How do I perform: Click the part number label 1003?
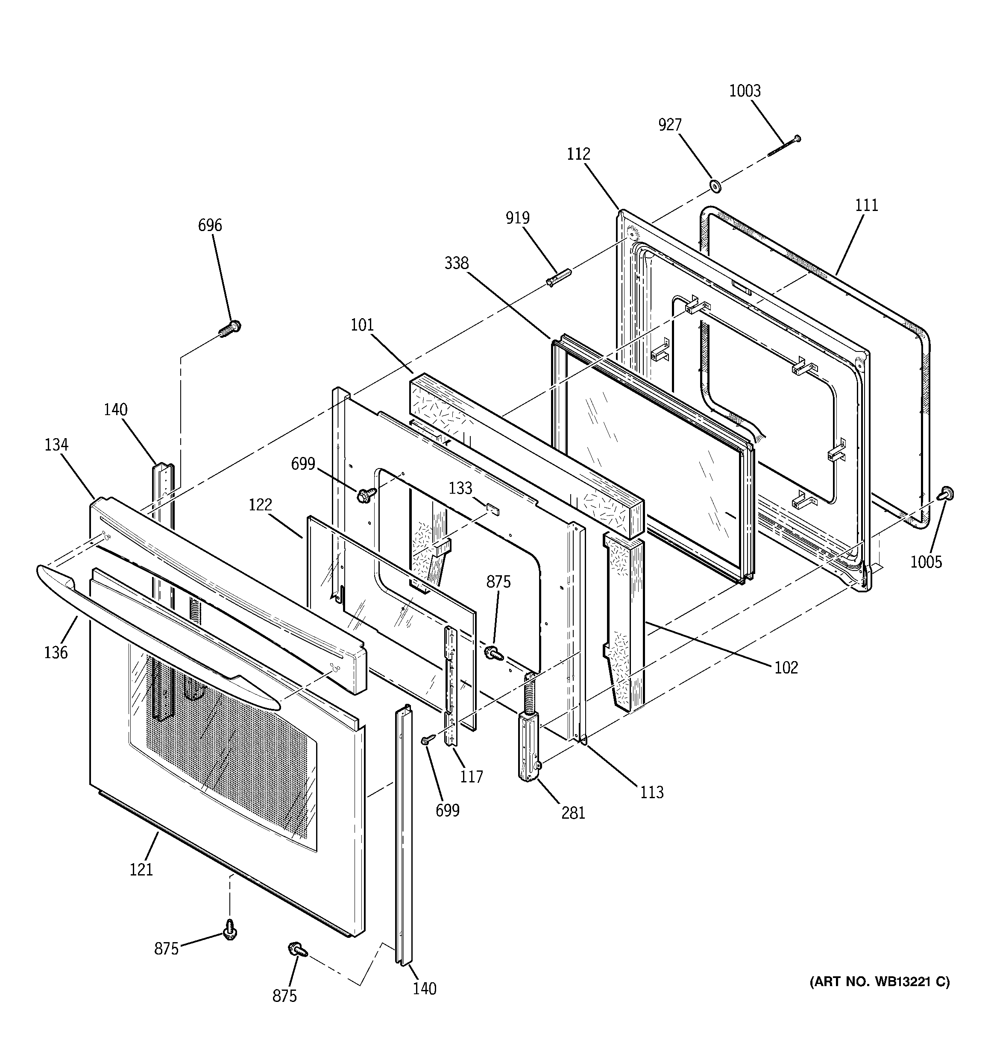(745, 91)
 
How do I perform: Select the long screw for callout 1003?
(784, 146)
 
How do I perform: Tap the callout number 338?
(456, 263)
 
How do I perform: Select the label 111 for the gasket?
(867, 205)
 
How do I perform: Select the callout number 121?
(141, 870)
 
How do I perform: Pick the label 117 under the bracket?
(471, 777)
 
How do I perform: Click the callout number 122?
(261, 504)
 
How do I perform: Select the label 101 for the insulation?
(362, 325)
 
